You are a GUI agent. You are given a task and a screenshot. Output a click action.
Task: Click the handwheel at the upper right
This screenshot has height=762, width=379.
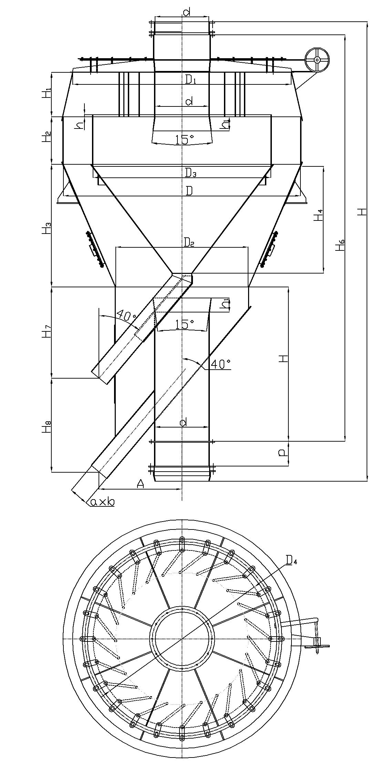(x=317, y=60)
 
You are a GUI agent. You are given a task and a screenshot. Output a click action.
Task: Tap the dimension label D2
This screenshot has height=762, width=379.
(x=189, y=243)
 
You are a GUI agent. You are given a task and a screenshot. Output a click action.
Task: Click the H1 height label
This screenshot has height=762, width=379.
(x=48, y=93)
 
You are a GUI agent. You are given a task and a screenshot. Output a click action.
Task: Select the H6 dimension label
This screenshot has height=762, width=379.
(x=340, y=245)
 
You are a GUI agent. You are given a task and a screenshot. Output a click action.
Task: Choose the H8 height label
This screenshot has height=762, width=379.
(x=48, y=426)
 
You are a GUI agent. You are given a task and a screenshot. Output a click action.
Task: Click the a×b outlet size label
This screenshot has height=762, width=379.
(x=102, y=502)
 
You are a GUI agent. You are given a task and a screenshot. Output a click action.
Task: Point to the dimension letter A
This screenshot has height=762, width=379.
(x=140, y=484)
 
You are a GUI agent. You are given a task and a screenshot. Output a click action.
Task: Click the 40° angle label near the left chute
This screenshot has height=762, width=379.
(x=126, y=315)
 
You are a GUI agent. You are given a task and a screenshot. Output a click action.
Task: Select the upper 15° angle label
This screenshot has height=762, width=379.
(x=184, y=140)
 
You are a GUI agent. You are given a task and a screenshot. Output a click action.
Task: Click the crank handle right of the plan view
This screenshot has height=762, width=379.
(x=318, y=643)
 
